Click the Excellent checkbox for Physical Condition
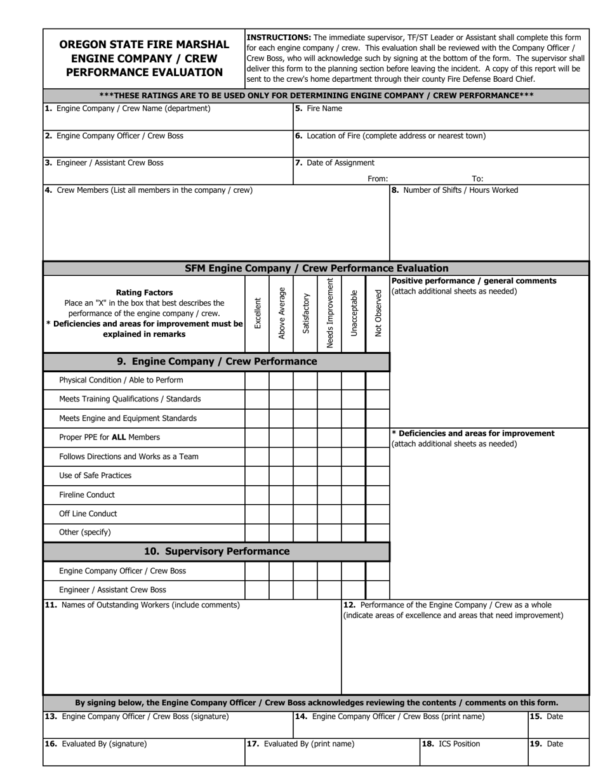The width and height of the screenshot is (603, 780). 257,380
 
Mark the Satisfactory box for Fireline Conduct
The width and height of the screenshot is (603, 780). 305,495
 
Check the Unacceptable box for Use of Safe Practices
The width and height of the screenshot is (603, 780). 354,476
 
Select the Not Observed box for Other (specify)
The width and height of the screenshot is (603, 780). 378,533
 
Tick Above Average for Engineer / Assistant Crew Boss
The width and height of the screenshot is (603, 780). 281,590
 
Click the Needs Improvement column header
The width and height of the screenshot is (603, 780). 329,313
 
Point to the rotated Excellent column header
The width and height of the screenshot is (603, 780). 257,313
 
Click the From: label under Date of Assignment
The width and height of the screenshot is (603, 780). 378,179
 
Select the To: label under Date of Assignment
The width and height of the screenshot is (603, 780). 477,179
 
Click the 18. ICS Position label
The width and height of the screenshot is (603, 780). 451,744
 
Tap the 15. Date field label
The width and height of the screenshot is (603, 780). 546,717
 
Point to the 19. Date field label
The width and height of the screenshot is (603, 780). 546,744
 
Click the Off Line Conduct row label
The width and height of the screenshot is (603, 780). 88,514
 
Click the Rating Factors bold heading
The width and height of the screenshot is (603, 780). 144,292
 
